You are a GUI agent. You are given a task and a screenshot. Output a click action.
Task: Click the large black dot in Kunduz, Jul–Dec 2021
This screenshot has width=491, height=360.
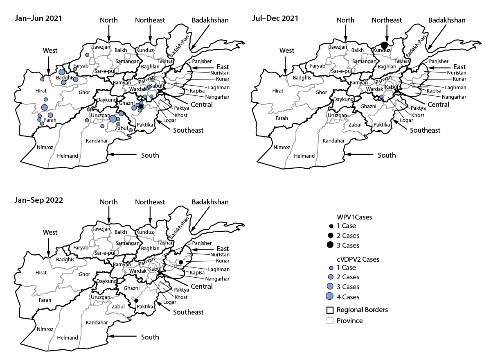click(384, 45)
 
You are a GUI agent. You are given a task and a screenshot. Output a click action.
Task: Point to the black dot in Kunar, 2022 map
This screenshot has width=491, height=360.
click(181, 262)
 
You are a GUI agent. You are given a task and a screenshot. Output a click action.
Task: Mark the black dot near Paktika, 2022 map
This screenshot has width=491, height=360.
click(136, 301)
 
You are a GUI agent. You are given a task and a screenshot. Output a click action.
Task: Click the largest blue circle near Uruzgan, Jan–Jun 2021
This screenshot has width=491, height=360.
click(113, 118)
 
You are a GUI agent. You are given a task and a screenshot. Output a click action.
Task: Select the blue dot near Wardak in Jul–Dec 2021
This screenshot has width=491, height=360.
click(381, 97)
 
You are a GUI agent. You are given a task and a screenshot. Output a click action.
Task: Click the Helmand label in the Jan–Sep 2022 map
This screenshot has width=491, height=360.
click(68, 338)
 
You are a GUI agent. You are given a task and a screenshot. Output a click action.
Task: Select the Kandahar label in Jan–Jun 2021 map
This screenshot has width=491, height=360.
click(97, 140)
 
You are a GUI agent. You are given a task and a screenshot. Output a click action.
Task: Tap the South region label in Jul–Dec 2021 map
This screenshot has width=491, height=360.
click(387, 155)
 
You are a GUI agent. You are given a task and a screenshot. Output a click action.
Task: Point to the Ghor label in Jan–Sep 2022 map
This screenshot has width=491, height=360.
click(84, 274)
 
